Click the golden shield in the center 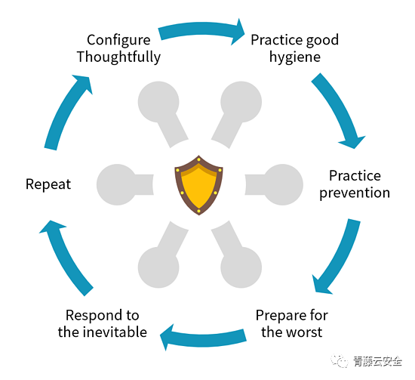click(x=198, y=185)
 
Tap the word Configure click(x=118, y=41)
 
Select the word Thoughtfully click(x=118, y=57)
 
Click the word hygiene click(x=295, y=57)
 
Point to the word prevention click(x=355, y=193)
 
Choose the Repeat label click(x=48, y=184)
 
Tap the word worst click(x=306, y=332)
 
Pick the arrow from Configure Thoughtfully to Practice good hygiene click(x=201, y=29)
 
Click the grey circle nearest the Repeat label click(x=117, y=184)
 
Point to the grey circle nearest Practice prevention click(x=283, y=184)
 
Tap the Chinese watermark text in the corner click(x=378, y=361)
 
